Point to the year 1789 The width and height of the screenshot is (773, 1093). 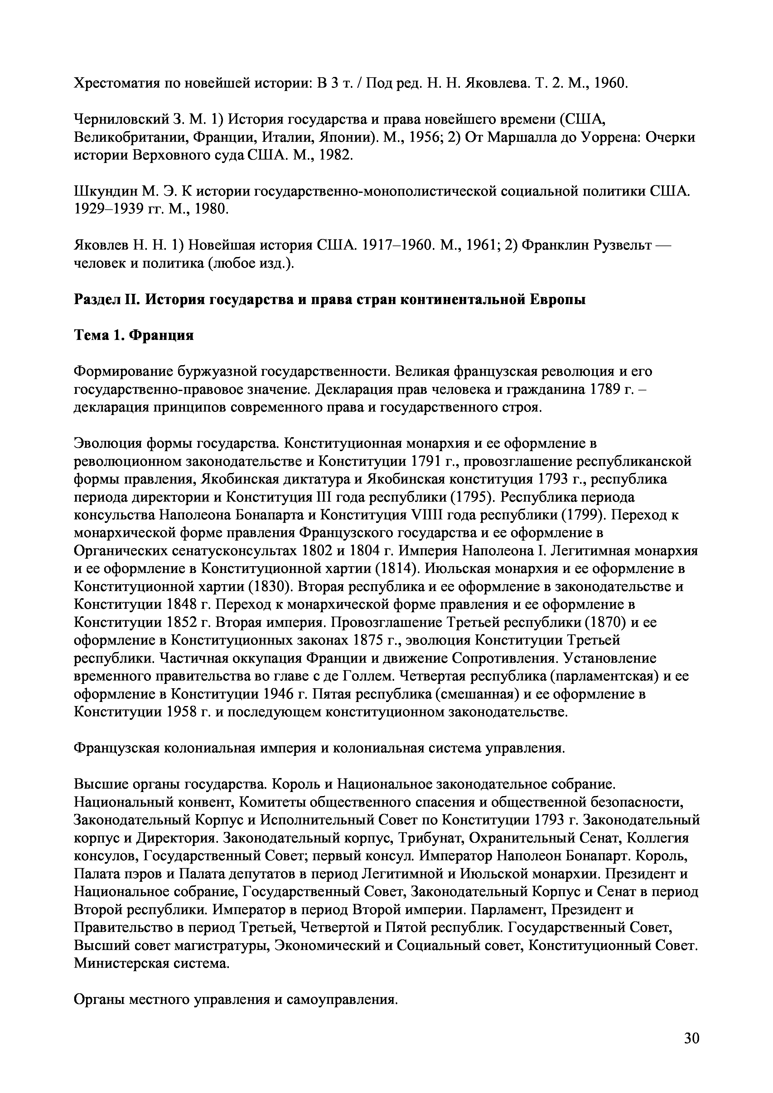pos(608,389)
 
